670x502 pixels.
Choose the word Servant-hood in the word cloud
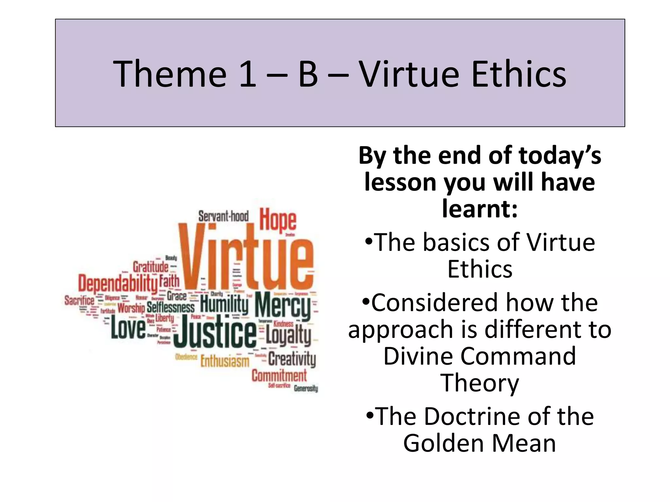point(223,216)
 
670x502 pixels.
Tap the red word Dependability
point(118,283)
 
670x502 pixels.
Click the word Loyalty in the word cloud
point(288,335)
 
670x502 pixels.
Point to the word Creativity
point(292,359)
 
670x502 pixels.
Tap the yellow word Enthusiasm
point(225,361)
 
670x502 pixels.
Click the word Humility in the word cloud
point(224,304)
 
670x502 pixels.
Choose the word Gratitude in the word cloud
point(150,267)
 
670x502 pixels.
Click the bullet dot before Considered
point(366,302)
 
